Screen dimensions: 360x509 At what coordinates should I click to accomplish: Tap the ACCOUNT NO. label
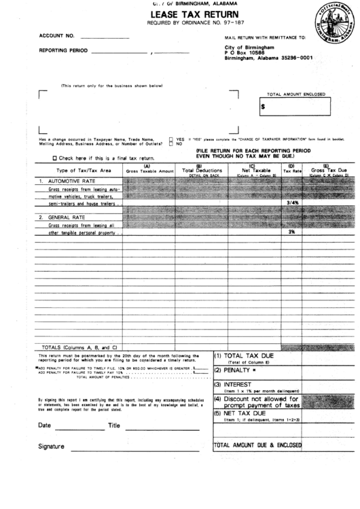click(56, 34)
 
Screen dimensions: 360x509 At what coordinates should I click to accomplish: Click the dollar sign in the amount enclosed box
click(263, 107)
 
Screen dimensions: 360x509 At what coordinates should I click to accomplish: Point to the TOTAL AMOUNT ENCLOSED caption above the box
click(295, 94)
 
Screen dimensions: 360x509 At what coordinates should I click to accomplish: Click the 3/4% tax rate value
click(293, 203)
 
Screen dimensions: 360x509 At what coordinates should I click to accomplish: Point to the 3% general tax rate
click(291, 232)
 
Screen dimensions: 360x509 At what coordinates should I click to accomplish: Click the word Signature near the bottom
click(51, 446)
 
